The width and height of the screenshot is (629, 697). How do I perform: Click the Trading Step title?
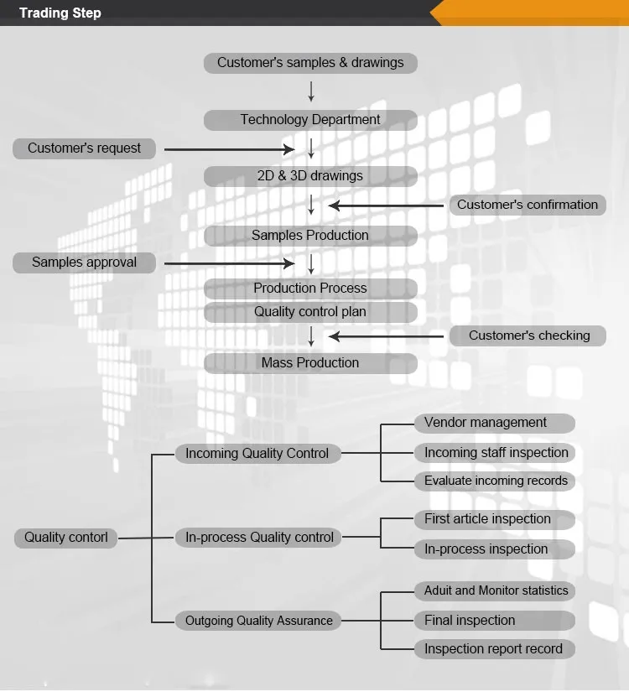[60, 13]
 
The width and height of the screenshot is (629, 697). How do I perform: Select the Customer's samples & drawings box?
[310, 63]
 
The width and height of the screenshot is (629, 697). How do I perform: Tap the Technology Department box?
[310, 120]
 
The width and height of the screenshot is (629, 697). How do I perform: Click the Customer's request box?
[84, 148]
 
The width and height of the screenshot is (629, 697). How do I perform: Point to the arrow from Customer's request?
[229, 149]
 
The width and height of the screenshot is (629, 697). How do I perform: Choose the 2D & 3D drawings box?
[310, 176]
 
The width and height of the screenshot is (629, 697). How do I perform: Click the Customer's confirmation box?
[528, 205]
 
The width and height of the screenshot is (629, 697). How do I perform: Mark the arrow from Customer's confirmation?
[386, 205]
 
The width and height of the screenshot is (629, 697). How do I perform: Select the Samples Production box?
[310, 236]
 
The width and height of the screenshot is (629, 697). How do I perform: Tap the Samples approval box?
[84, 263]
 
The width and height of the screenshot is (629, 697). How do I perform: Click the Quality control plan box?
[310, 312]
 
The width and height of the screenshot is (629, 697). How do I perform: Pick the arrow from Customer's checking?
[386, 336]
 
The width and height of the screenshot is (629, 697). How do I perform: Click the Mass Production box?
[310, 363]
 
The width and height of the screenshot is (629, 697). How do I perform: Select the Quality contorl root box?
[65, 538]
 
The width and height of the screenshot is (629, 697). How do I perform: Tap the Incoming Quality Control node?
[257, 454]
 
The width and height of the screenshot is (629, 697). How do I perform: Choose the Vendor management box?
[495, 424]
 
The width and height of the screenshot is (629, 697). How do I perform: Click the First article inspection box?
[495, 520]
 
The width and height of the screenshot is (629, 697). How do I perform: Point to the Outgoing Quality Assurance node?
[257, 621]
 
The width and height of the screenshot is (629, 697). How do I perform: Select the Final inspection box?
[495, 621]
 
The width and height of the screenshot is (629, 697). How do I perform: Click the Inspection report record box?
[495, 649]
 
